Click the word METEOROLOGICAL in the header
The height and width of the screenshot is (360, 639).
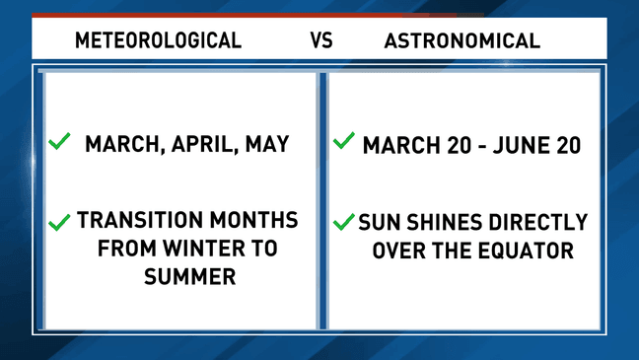159,40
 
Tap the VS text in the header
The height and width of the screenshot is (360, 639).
322,40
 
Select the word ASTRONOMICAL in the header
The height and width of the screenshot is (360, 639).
461,40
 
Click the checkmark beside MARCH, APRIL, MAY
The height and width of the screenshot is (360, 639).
60,142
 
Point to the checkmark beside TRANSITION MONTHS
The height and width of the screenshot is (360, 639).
60,222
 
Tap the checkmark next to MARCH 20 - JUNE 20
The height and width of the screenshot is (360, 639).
343,142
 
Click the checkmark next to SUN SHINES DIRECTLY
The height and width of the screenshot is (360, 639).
343,222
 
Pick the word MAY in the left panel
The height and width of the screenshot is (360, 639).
265,144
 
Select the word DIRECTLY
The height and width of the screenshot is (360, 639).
535,222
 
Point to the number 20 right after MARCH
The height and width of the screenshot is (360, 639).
453,145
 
